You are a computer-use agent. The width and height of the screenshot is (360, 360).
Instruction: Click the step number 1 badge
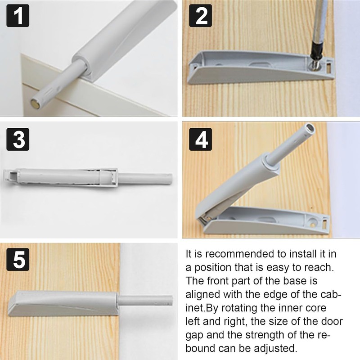pos(18,16)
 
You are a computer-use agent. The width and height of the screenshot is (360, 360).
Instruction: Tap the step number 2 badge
pos(200,16)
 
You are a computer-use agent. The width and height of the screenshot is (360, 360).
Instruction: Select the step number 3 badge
pos(18,139)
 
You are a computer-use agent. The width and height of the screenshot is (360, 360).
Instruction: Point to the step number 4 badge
pos(200,139)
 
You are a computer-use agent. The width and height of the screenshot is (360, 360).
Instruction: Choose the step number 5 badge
pos(18,260)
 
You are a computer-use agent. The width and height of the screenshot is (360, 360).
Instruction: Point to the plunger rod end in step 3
pos(170,179)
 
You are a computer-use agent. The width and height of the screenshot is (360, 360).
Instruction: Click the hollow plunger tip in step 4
pos(310,128)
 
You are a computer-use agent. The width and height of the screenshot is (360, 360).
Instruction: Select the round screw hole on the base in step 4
pos(312,222)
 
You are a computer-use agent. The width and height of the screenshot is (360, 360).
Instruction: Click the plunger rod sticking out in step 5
pos(145,300)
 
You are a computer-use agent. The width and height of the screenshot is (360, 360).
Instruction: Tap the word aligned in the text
pos(203,295)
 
